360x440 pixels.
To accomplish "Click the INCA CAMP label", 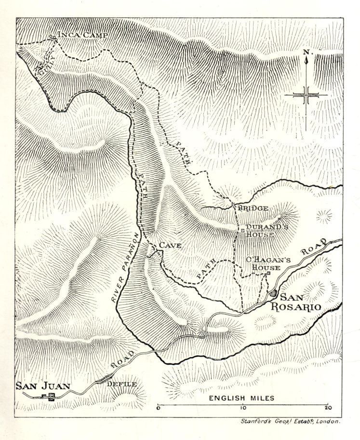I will pyautogui.click(x=82, y=35).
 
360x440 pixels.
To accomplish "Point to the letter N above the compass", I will pyautogui.click(x=306, y=52).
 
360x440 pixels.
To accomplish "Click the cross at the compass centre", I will pyautogui.click(x=306, y=95).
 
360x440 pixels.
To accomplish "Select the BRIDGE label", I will pyautogui.click(x=253, y=208).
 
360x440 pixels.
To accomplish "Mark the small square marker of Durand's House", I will pyautogui.click(x=243, y=231).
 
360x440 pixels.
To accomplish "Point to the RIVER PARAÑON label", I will pyautogui.click(x=125, y=268).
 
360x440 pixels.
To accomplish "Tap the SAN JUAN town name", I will pyautogui.click(x=43, y=385).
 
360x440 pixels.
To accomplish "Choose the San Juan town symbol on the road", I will pyautogui.click(x=49, y=397).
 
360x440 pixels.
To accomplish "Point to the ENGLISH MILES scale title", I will pyautogui.click(x=241, y=398).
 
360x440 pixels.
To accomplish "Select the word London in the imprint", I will pyautogui.click(x=327, y=421).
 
